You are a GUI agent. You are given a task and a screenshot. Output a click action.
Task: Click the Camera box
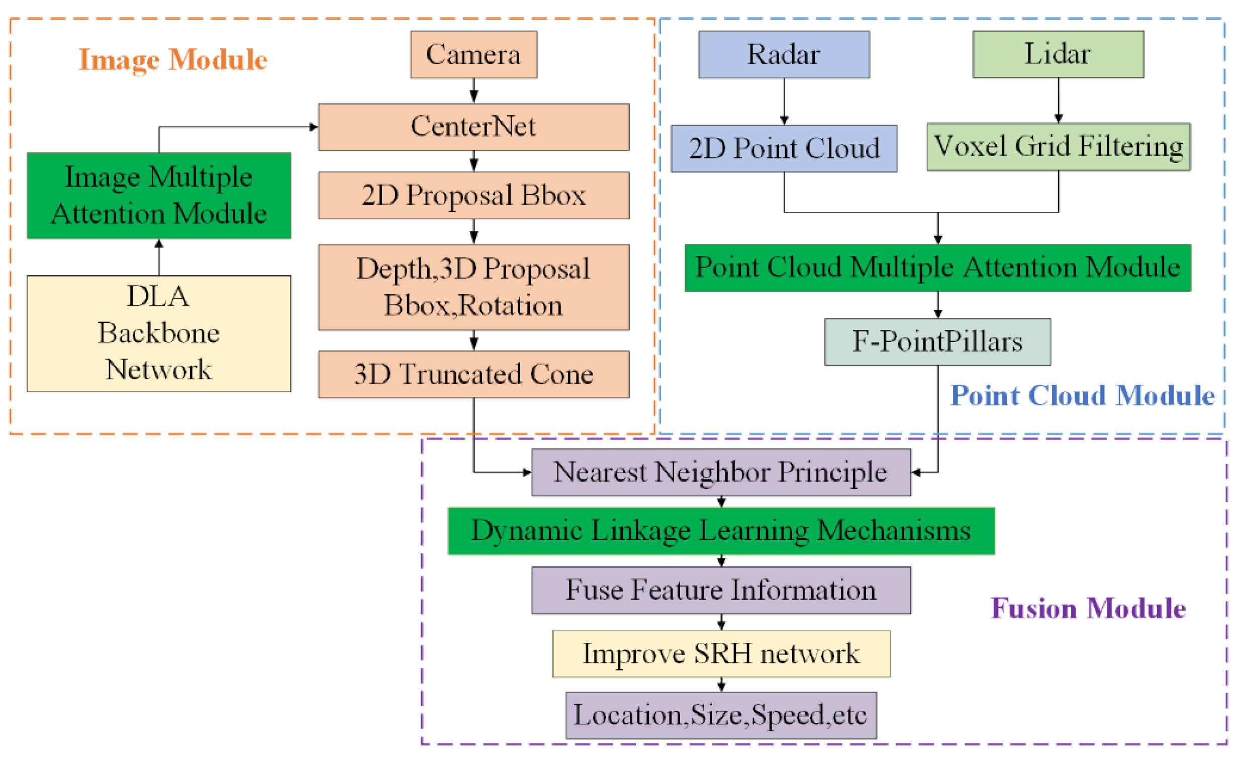[x=473, y=54]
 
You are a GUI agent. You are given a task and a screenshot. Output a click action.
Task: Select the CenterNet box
[x=473, y=127]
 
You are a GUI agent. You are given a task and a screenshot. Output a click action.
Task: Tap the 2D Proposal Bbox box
[x=473, y=195]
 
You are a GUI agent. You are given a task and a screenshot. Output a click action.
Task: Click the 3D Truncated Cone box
[x=473, y=374]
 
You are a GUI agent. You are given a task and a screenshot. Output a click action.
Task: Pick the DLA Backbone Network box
[x=159, y=333]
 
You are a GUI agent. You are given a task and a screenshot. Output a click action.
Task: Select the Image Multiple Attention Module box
[x=159, y=196]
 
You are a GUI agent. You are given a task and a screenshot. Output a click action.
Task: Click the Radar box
[x=784, y=54]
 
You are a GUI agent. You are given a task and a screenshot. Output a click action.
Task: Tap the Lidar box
[x=1058, y=54]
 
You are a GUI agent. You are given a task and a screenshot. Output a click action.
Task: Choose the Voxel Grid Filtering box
[x=1058, y=147]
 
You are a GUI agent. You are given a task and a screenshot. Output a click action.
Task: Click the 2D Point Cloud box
[x=784, y=149]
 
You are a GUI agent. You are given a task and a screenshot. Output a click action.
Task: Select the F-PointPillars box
[x=937, y=342]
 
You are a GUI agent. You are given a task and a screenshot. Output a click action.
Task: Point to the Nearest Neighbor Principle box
[x=721, y=472]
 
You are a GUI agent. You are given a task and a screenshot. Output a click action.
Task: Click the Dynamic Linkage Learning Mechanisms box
[x=721, y=531]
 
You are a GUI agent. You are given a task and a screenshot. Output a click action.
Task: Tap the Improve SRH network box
[x=721, y=653]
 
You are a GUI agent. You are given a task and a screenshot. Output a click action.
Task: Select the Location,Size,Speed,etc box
[x=721, y=715]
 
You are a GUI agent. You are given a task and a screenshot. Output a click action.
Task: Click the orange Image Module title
[x=173, y=59]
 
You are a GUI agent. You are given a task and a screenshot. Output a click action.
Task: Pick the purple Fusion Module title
[x=1088, y=608]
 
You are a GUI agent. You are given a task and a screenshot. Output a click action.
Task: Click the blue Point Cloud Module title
[x=1082, y=395]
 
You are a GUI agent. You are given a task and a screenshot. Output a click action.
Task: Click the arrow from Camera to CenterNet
[x=473, y=91]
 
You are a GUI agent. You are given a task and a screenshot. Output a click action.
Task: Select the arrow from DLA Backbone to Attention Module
[x=159, y=257]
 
